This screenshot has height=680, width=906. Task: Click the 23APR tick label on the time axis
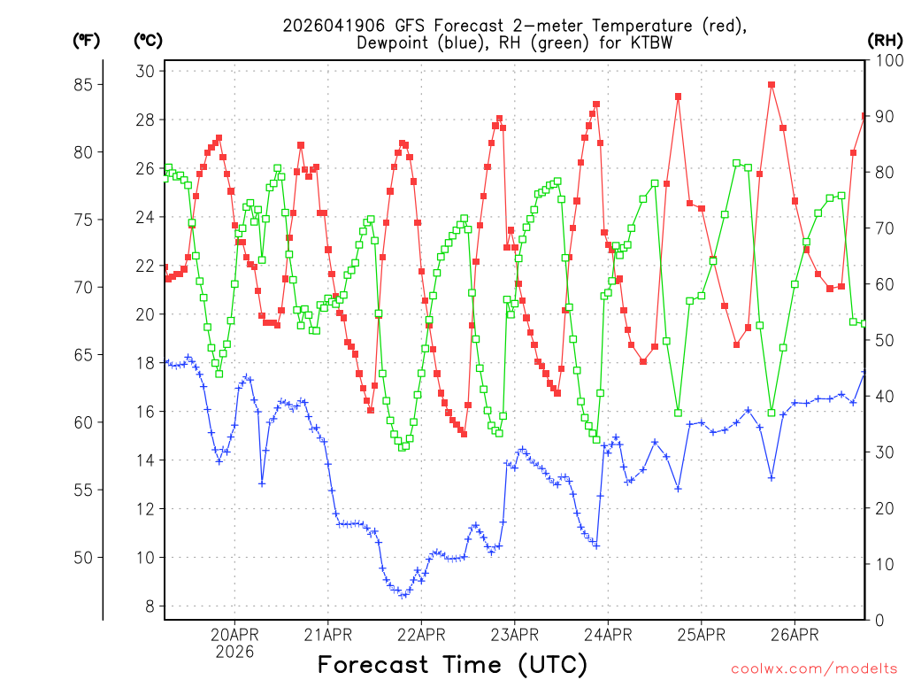[x=514, y=634]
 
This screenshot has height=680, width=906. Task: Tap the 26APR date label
[x=794, y=634]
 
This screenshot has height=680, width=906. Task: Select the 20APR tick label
[x=234, y=634]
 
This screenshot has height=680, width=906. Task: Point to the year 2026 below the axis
[x=234, y=652]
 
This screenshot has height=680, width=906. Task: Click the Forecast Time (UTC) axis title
[x=452, y=664]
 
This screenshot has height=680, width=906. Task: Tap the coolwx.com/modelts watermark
[x=814, y=669]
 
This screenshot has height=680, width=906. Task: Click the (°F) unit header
[x=87, y=40]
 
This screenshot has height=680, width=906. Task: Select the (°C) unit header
[x=148, y=40]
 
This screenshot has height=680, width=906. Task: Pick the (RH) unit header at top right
[x=885, y=40]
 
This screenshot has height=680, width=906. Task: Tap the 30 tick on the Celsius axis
[x=146, y=72]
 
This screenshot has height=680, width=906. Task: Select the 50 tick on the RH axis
[x=880, y=340]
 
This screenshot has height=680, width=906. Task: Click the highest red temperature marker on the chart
[x=772, y=85]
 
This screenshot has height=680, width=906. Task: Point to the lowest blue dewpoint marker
[x=403, y=596]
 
